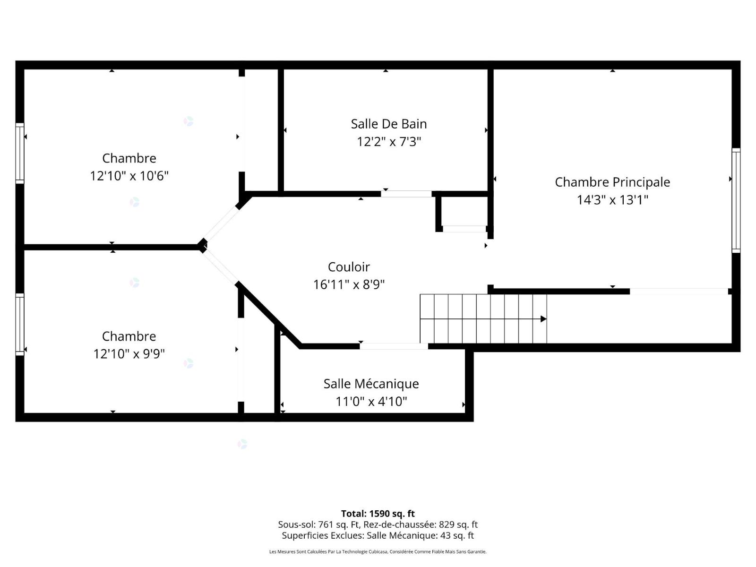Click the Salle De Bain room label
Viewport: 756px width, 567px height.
pyautogui.click(x=388, y=124)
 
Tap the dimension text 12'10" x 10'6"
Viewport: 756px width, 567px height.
pyautogui.click(x=129, y=176)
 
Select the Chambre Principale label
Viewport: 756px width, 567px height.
pyautogui.click(x=612, y=182)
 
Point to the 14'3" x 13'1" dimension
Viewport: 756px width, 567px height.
pyautogui.click(x=612, y=200)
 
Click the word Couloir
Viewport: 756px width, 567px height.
pyautogui.click(x=349, y=267)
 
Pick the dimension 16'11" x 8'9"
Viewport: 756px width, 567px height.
pyautogui.click(x=349, y=284)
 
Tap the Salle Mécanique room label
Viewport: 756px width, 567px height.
pyautogui.click(x=371, y=384)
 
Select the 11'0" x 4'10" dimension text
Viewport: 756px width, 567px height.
pyautogui.click(x=371, y=402)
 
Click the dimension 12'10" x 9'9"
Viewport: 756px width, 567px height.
pyautogui.click(x=129, y=353)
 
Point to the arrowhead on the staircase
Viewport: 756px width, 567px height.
pyautogui.click(x=543, y=319)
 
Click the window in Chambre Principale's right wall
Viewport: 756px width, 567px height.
pyautogui.click(x=736, y=200)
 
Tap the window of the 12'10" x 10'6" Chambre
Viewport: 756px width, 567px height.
pyautogui.click(x=20, y=153)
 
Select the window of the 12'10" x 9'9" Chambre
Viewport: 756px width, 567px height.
pyautogui.click(x=20, y=324)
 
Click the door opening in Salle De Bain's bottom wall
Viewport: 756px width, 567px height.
pyautogui.click(x=406, y=194)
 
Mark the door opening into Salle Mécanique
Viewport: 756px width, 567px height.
pyautogui.click(x=394, y=346)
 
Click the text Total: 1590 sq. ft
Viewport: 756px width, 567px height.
pyautogui.click(x=378, y=513)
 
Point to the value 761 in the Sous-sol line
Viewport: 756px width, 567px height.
pyautogui.click(x=325, y=524)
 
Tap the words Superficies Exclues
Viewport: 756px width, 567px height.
pyautogui.click(x=323, y=535)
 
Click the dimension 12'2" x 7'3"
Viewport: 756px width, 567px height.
pyautogui.click(x=388, y=141)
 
